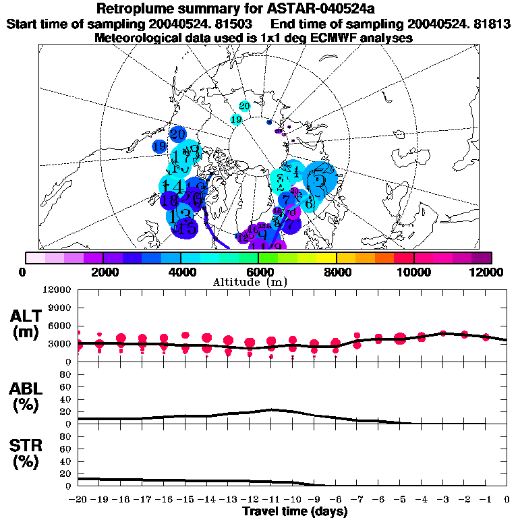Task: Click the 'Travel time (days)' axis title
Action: (295, 512)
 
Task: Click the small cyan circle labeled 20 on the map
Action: (244, 107)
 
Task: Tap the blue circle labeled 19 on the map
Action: (160, 146)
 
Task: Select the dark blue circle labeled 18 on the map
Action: (170, 200)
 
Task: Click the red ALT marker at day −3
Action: (443, 333)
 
